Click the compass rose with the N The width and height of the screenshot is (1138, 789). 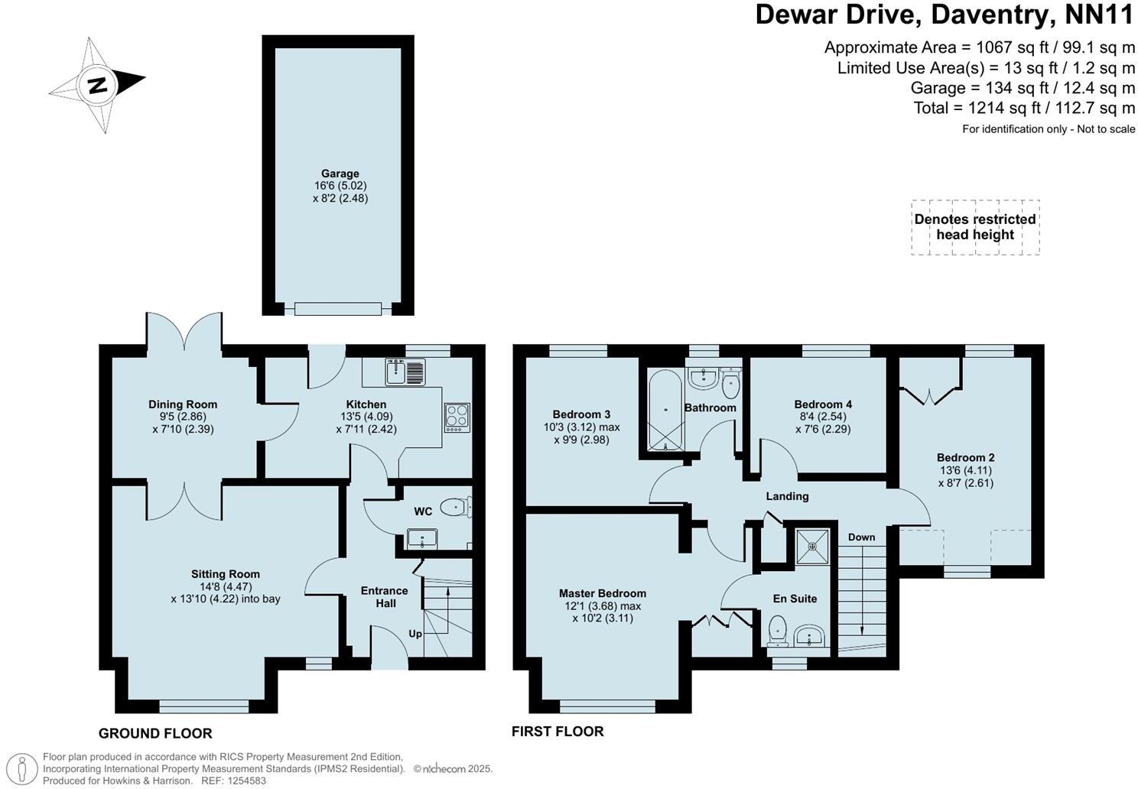point(97,84)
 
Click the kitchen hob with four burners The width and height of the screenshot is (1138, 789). point(457,417)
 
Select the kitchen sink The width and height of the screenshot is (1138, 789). point(405,372)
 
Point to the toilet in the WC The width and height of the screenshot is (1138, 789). point(457,506)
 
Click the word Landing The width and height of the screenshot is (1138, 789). point(787,496)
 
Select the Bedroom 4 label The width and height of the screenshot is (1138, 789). point(822,404)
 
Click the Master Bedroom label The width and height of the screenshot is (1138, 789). point(602,593)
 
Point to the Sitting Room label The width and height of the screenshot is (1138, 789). point(226,574)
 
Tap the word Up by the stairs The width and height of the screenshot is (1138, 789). point(415,634)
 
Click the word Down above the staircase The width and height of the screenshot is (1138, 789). point(861,537)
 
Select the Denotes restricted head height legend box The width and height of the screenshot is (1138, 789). point(975,227)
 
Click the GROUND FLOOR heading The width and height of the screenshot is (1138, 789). point(155,734)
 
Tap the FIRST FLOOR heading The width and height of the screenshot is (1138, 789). point(558,732)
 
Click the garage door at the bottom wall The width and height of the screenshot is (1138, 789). point(338,309)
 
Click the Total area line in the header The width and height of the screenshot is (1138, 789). point(1024,108)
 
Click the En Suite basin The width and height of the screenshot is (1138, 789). point(808,635)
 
